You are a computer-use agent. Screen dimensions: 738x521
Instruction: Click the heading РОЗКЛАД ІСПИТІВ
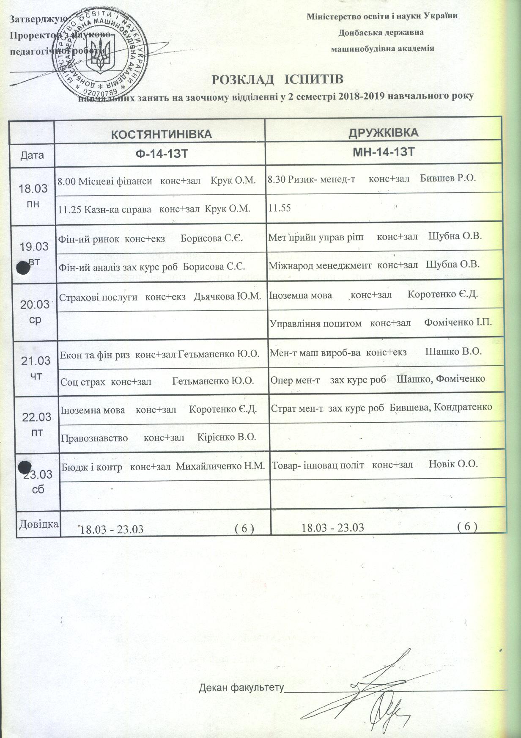click(x=277, y=80)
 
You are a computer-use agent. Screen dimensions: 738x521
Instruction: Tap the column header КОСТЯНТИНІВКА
click(x=161, y=135)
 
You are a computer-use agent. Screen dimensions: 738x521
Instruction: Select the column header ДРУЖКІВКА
click(x=383, y=132)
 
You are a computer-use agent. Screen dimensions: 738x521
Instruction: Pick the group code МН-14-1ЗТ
click(x=383, y=152)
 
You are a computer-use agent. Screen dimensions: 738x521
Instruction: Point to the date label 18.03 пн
click(x=33, y=196)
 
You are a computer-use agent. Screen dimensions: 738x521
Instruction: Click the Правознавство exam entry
click(x=159, y=437)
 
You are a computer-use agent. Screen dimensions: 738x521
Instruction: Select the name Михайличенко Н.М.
click(x=220, y=466)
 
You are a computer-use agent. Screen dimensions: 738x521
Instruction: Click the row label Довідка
click(x=38, y=524)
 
